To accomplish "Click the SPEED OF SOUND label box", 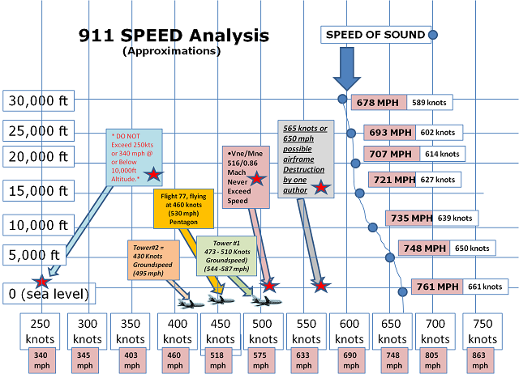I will click(375, 35).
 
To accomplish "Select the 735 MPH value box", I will click(410, 218).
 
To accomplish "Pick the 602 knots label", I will click(438, 133).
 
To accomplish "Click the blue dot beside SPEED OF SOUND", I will click(433, 35).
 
